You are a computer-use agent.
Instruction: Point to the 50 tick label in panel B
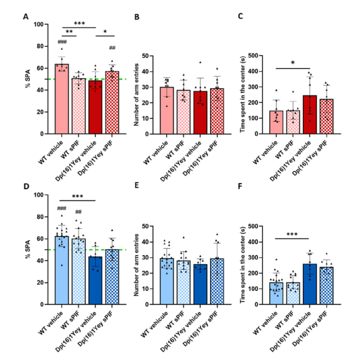point(144,56)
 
